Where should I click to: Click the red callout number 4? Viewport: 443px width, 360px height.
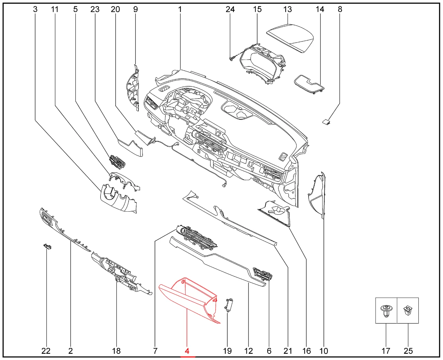click(187, 351)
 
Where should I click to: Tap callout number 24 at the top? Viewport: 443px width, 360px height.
click(230, 9)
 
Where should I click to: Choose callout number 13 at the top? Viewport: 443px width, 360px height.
click(288, 9)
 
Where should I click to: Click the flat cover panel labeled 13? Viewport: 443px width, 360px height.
click(290, 39)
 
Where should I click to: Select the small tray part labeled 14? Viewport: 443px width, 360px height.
click(310, 84)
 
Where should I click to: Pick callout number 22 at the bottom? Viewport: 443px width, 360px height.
click(46, 351)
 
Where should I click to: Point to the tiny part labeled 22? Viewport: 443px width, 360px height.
click(47, 247)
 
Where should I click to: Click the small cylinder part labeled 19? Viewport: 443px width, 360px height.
click(228, 305)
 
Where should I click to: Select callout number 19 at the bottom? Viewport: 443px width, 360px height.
click(227, 351)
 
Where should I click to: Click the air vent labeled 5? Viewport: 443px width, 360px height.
click(117, 161)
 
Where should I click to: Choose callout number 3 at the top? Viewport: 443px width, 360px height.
click(35, 9)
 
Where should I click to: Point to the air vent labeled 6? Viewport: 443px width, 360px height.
click(263, 275)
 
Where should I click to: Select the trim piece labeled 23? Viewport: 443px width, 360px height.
click(130, 148)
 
